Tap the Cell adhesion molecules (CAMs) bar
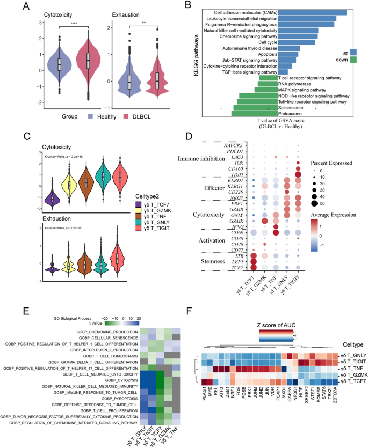(311, 12)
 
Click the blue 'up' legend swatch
(352, 52)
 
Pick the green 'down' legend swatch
(352, 60)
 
